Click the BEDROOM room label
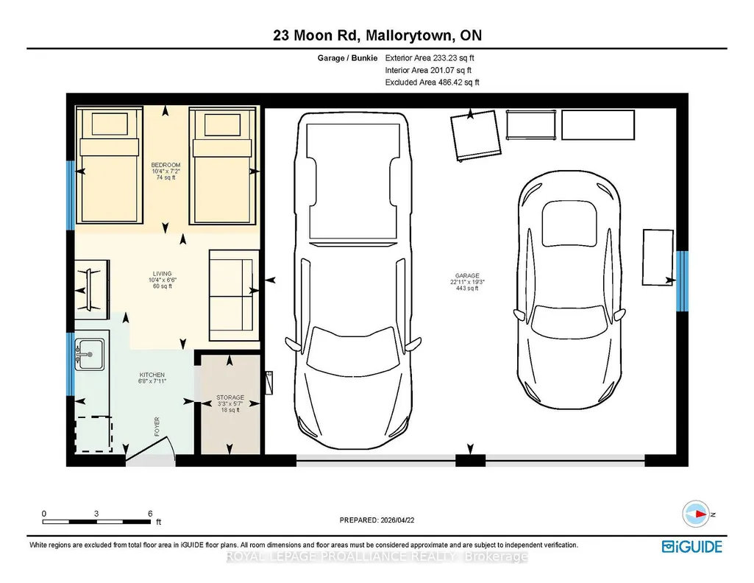point(166,165)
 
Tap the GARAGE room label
point(467,276)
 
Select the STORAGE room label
point(230,397)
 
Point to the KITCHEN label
point(152,375)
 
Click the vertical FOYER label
point(157,427)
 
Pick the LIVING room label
point(163,274)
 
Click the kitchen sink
point(90,355)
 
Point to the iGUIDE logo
point(692,547)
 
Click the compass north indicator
point(696,515)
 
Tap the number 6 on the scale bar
point(150,514)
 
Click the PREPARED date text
point(377,520)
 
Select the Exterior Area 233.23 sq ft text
point(430,57)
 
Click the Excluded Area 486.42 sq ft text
point(433,82)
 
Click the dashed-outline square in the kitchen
point(93,434)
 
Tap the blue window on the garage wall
point(682,281)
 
